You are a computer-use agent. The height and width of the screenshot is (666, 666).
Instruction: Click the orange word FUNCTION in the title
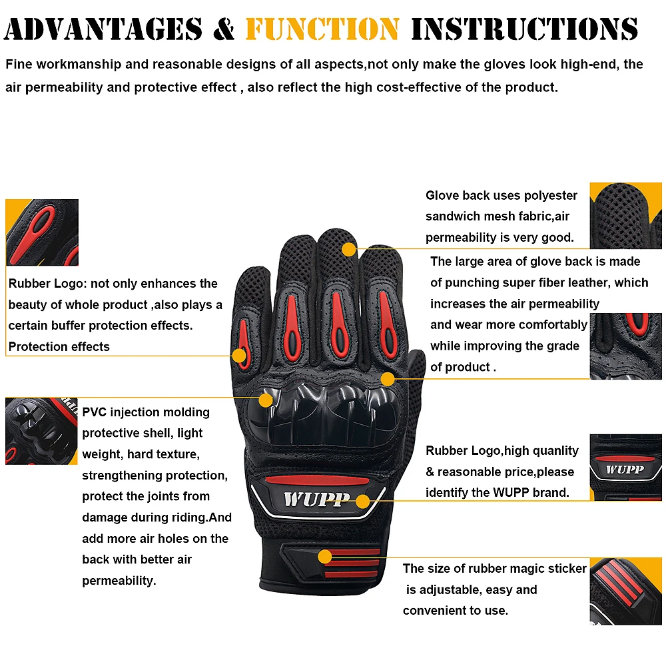(x=322, y=29)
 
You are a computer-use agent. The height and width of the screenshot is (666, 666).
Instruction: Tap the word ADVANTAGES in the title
(x=104, y=29)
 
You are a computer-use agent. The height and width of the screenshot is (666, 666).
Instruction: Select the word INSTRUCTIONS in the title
(x=525, y=29)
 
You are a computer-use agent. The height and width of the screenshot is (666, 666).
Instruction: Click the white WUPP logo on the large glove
(x=316, y=499)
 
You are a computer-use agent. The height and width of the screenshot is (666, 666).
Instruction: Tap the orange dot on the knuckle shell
(x=266, y=400)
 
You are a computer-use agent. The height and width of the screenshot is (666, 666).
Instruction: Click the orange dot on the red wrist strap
(x=325, y=556)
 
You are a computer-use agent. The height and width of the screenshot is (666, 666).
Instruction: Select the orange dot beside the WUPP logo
(x=362, y=501)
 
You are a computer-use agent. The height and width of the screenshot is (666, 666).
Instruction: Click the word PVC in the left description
(x=95, y=412)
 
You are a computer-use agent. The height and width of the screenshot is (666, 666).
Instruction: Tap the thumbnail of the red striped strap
(x=625, y=591)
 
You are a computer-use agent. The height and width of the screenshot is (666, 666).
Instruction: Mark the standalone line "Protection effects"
(x=59, y=346)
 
